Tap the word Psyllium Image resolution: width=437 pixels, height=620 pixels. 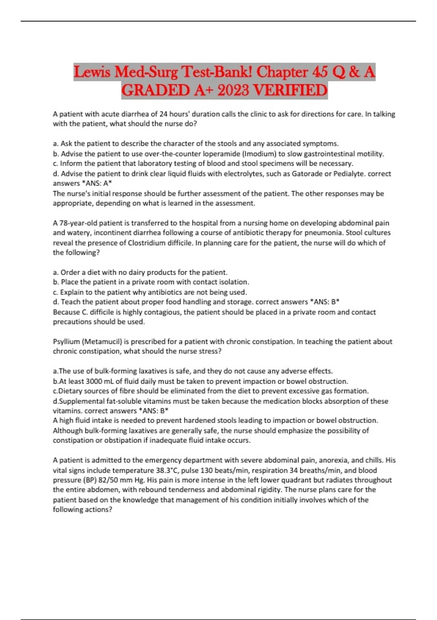[66, 342]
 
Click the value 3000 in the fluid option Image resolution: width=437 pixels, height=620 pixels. [94, 381]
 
